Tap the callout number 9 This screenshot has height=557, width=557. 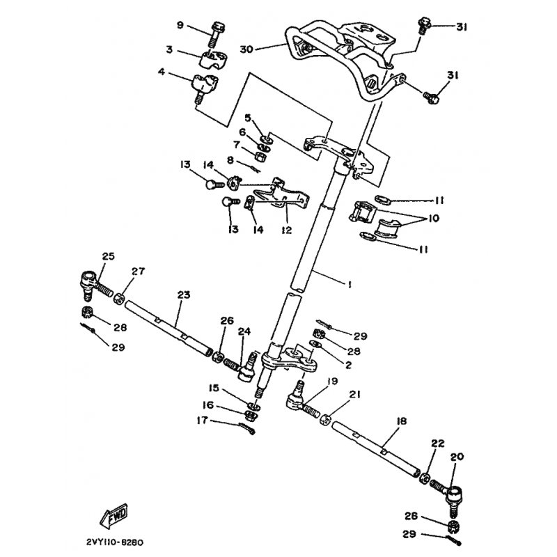(x=180, y=26)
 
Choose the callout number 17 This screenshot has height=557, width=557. (x=202, y=421)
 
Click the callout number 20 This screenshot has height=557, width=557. (x=456, y=457)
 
